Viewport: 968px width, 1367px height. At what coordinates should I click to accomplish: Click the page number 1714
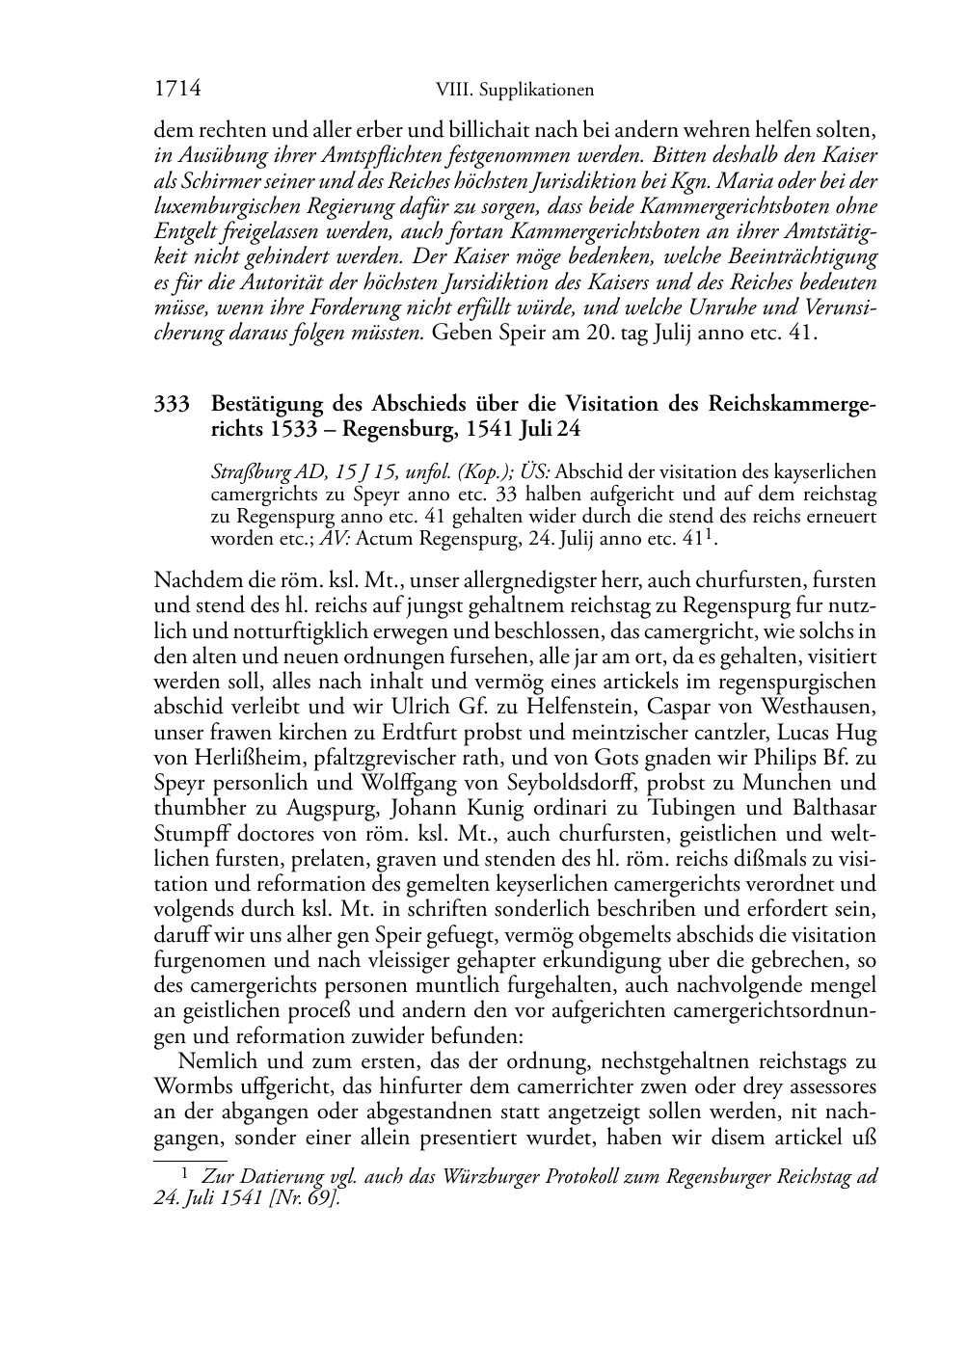[177, 89]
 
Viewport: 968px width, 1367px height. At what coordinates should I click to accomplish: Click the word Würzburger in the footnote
[497, 1177]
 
